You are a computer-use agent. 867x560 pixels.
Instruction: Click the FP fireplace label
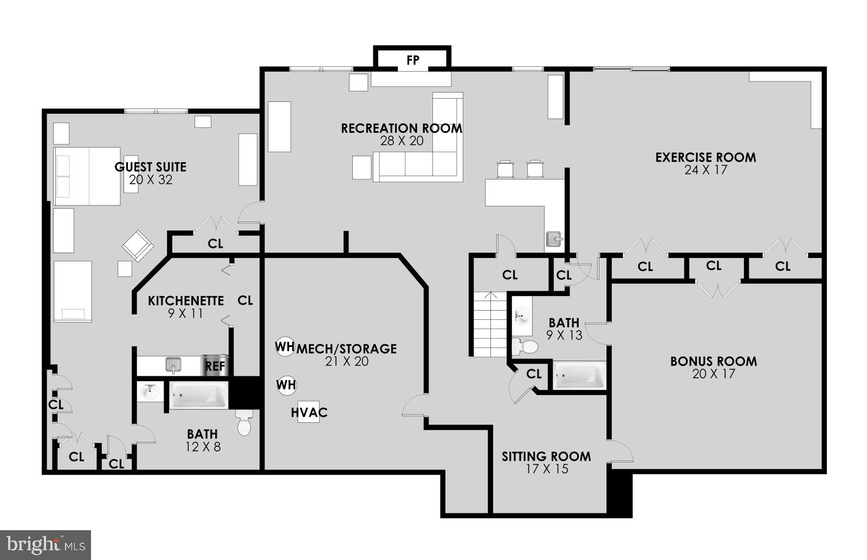[412, 60]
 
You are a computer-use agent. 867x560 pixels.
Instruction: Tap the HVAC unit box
[309, 413]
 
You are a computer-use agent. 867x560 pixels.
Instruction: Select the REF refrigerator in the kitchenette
[215, 366]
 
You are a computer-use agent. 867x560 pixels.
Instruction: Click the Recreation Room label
[402, 128]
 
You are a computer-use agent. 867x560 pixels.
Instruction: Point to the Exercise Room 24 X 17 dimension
[706, 170]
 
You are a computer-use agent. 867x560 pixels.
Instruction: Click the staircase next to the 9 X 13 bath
[490, 324]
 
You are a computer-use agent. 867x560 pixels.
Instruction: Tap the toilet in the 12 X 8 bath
[245, 423]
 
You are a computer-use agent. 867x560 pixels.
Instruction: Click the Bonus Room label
[713, 362]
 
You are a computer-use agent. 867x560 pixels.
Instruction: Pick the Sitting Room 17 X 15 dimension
[546, 469]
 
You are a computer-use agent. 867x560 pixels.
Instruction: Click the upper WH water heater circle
[285, 346]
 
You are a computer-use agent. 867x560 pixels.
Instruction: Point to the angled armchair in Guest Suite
[138, 246]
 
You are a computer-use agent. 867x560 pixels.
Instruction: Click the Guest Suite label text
[150, 167]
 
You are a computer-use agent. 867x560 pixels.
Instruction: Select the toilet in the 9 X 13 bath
[525, 346]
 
